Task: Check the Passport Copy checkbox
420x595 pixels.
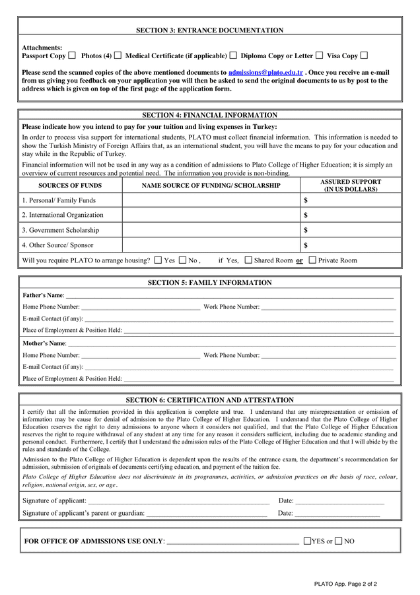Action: [72, 56]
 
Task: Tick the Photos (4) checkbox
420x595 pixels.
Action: [118, 56]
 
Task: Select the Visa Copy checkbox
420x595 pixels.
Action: [364, 56]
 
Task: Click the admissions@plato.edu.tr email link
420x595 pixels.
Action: [265, 72]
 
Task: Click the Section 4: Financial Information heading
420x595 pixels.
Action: [210, 115]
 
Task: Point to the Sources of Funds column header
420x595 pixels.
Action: [70, 186]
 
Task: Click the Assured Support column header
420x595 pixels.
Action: [351, 185]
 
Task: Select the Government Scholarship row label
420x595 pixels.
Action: [61, 230]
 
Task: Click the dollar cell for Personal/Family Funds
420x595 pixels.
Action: [351, 200]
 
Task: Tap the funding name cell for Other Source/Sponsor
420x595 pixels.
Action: [211, 245]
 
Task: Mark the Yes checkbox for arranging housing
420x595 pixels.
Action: [158, 260]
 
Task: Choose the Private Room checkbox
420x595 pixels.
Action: [312, 260]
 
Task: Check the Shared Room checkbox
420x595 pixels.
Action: [248, 260]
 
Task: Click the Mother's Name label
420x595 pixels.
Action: [44, 344]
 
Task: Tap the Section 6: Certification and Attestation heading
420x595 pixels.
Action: [210, 400]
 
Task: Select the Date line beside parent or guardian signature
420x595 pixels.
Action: [337, 514]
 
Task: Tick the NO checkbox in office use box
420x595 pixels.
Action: [339, 541]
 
